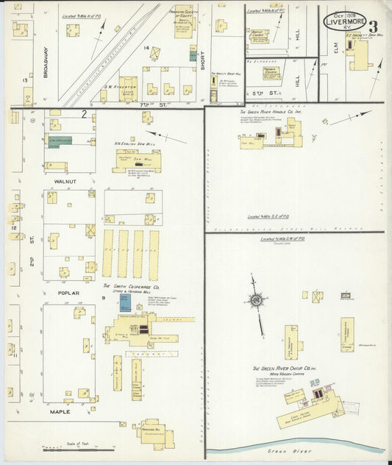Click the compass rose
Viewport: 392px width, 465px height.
coord(257,300)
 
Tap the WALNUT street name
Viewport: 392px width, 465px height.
coord(68,180)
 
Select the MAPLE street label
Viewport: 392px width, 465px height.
coord(60,411)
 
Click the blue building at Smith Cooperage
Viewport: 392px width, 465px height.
coord(125,302)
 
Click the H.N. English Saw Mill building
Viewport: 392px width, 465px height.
coord(137,159)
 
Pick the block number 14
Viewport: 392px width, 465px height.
coord(147,49)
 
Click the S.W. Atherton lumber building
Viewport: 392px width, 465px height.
coord(128,88)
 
